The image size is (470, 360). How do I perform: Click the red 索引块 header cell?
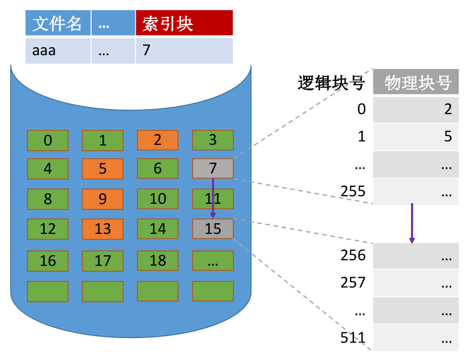[184, 23]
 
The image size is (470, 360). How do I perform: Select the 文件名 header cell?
[58, 23]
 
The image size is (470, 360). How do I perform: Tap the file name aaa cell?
[58, 51]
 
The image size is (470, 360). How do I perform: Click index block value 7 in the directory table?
[184, 51]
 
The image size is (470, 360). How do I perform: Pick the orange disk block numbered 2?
[158, 140]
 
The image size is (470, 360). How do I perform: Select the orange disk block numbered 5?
[103, 169]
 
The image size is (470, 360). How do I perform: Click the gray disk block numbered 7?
[213, 168]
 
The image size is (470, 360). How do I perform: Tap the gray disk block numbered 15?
[213, 229]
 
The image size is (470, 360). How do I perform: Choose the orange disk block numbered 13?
[103, 229]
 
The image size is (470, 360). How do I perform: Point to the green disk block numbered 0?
[48, 140]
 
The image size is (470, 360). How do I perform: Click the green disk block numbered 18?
[158, 260]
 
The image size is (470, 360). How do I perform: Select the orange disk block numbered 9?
[103, 199]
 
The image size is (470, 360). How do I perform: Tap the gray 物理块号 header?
[416, 82]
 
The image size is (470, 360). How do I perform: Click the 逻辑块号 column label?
[331, 83]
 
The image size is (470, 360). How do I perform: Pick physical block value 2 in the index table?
[448, 109]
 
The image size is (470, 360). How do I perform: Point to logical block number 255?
[353, 191]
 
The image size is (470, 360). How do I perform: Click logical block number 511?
[353, 337]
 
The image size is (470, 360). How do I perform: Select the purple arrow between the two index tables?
[412, 223]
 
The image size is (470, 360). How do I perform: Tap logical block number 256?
[353, 255]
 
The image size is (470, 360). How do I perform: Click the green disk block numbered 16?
[48, 261]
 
